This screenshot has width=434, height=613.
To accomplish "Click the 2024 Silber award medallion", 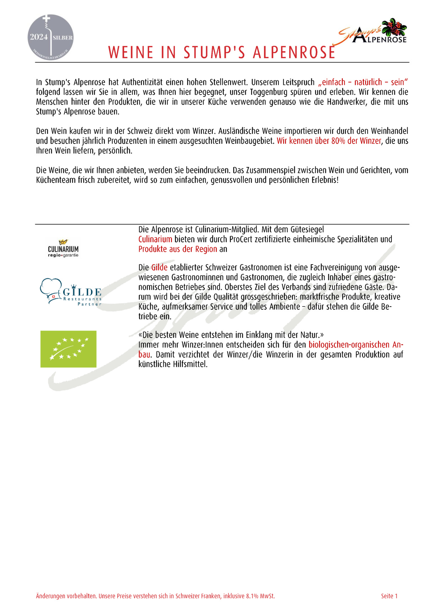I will pyautogui.click(x=51, y=37).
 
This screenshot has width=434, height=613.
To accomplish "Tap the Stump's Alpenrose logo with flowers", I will pyautogui.click(x=373, y=32).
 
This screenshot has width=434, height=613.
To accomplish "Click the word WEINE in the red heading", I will pyautogui.click(x=131, y=53).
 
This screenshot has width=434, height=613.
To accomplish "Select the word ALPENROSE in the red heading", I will pyautogui.click(x=294, y=53).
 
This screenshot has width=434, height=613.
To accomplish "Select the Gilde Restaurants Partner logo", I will pyautogui.click(x=71, y=292).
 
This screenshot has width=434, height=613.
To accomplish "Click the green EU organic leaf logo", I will pyautogui.click(x=68, y=349).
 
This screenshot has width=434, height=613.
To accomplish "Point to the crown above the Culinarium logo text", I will pyautogui.click(x=63, y=242).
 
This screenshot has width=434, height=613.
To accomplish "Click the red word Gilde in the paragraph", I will pyautogui.click(x=159, y=267).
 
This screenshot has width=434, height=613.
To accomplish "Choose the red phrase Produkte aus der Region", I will pyautogui.click(x=178, y=249).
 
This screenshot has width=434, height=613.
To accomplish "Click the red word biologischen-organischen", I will pyautogui.click(x=349, y=345).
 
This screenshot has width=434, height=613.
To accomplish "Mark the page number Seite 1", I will pyautogui.click(x=389, y=596).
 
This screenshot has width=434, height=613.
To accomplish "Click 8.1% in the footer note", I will pyautogui.click(x=252, y=596).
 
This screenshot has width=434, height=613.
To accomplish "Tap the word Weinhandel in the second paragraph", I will pyautogui.click(x=389, y=131).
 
